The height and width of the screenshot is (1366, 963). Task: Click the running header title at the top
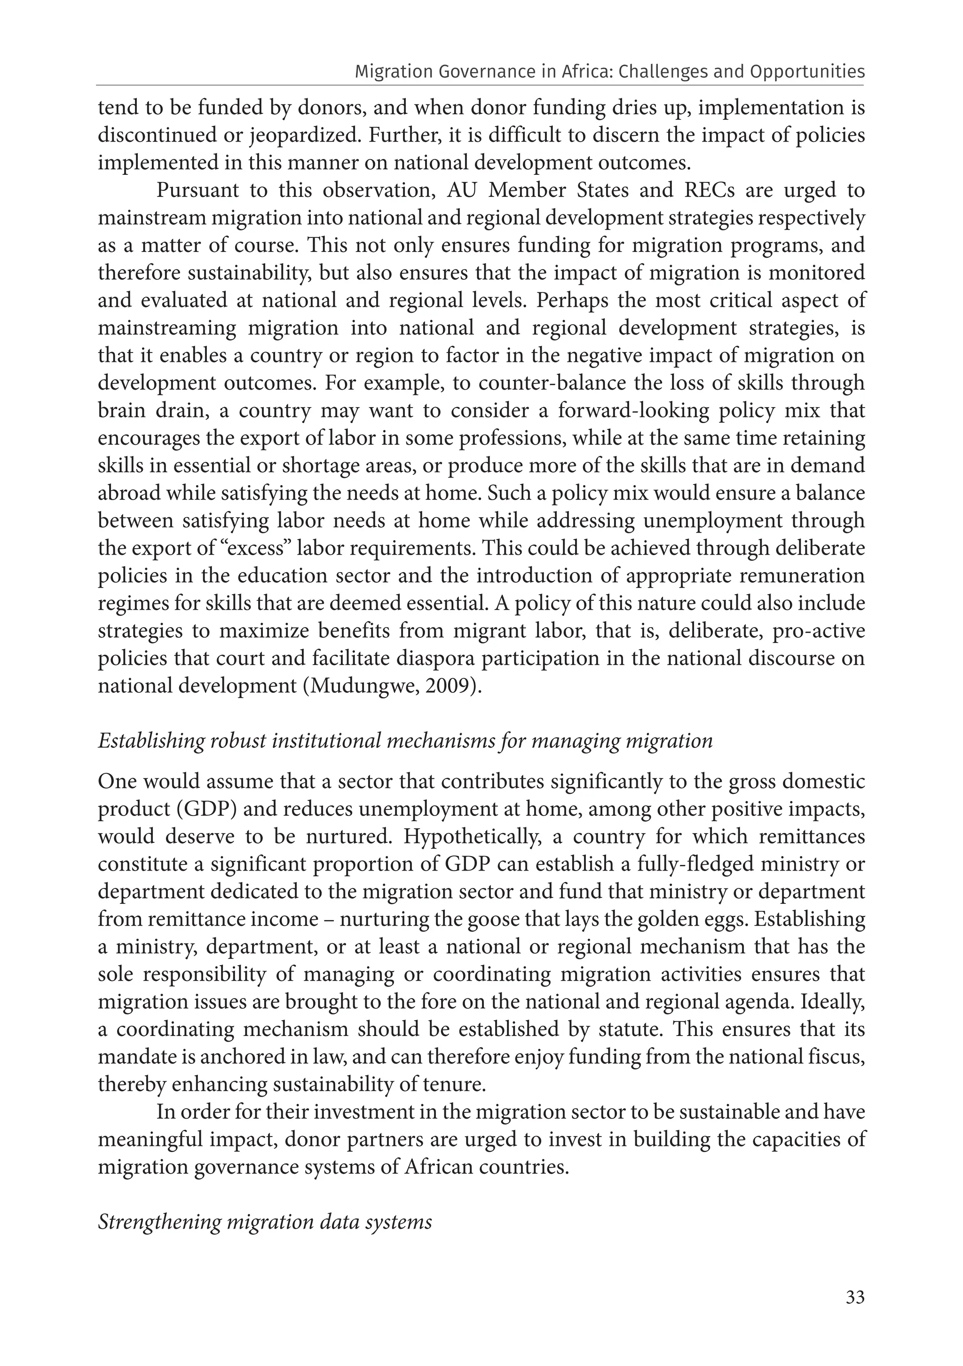pyautogui.click(x=609, y=72)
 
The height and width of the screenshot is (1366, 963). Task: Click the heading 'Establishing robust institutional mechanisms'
pyautogui.click(x=405, y=741)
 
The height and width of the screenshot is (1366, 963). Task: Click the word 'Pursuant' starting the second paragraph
pyautogui.click(x=197, y=190)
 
